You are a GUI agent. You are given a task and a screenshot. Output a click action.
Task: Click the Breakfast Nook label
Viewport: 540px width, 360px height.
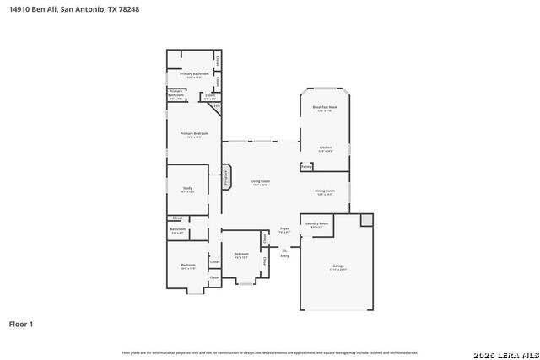[x=325, y=107]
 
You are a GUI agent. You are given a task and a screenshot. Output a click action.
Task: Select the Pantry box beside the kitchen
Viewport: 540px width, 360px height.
[x=307, y=167]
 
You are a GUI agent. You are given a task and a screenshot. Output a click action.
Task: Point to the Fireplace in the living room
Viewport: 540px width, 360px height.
[x=225, y=177]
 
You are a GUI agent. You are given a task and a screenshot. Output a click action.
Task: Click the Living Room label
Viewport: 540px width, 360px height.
[x=260, y=181]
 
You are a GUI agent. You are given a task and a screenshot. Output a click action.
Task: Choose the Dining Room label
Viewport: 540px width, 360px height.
[x=326, y=192]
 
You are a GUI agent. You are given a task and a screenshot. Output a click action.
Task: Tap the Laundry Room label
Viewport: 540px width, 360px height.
[x=316, y=224]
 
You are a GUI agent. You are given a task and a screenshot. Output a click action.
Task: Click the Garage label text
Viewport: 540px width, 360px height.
[x=337, y=266]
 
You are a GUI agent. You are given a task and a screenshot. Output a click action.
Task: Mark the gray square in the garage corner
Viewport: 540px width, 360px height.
[x=366, y=219]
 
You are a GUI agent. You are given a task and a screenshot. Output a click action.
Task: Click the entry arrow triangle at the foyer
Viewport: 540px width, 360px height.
[x=284, y=249]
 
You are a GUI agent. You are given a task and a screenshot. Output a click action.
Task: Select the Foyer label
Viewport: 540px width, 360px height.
[x=284, y=229]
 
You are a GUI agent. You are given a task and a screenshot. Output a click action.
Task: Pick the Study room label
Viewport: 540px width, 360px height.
[x=187, y=190]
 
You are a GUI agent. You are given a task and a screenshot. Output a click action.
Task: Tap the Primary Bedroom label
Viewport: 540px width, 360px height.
[x=193, y=133]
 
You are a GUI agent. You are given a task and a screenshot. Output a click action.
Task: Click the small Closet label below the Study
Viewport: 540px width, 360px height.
[x=177, y=218]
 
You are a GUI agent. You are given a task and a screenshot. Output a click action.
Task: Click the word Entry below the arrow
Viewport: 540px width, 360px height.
[x=284, y=255]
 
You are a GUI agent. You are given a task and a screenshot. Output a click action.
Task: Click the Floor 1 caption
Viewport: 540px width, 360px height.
[x=21, y=324]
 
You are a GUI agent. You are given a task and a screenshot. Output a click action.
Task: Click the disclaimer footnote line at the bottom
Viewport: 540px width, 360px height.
[x=269, y=352]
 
